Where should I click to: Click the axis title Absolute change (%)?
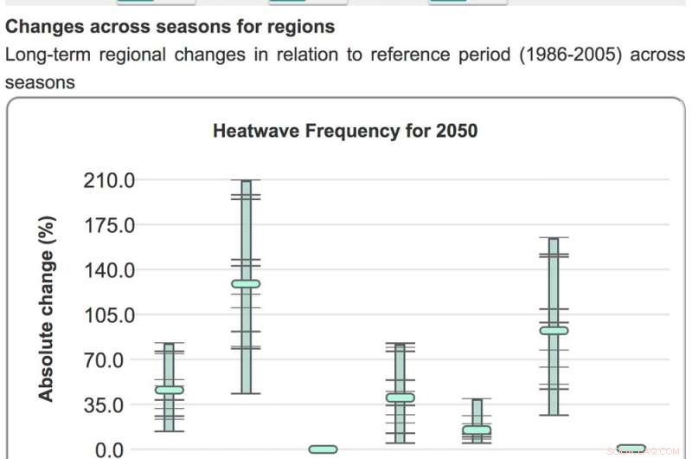point(47,308)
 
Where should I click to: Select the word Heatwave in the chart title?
point(250,132)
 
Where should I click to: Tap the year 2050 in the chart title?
point(458,132)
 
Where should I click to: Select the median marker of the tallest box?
point(246,283)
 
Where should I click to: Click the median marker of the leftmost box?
point(169,390)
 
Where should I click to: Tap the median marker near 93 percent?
point(554,330)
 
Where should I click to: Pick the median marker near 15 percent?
point(477,430)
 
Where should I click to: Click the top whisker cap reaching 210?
point(246,180)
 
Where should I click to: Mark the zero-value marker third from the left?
point(323,449)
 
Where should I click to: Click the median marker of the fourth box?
point(400,398)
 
